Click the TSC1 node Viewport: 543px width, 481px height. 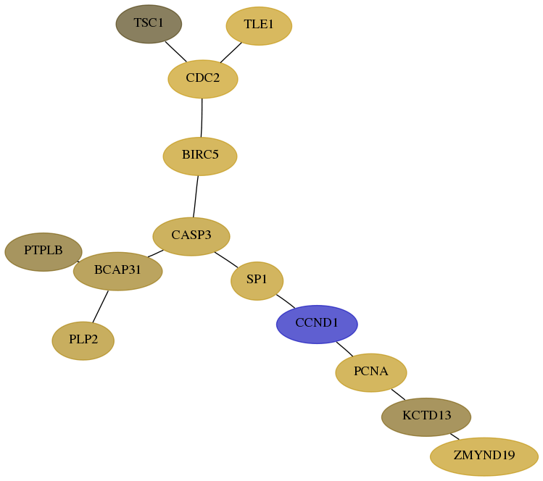tap(149, 24)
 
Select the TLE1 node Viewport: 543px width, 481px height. tap(259, 25)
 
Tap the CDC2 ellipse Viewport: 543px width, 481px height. tap(202, 79)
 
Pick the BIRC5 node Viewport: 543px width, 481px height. tap(200, 156)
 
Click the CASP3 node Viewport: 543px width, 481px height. tap(191, 236)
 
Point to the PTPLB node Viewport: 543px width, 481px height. tap(43, 251)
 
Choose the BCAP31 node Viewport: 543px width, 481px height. tap(117, 271)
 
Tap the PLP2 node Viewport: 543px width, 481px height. tap(83, 340)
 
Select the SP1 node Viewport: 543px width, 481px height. tap(257, 280)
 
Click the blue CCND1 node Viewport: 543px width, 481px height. tap(317, 325)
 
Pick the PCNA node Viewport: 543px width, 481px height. tap(371, 372)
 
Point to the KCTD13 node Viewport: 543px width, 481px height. tap(426, 417)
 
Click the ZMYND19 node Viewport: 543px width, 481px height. tap(484, 456)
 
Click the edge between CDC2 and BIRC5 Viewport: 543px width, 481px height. tap(202, 117)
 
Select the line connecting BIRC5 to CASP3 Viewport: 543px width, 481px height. tap(196, 196)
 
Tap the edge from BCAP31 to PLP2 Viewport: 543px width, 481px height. tap(101, 306)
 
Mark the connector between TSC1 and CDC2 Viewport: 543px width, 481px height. tap(175, 51)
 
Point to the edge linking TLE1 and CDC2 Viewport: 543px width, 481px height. tap(231, 53)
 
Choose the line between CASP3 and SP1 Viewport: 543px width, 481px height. tap(226, 259)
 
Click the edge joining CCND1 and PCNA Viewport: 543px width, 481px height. tap(344, 349)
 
